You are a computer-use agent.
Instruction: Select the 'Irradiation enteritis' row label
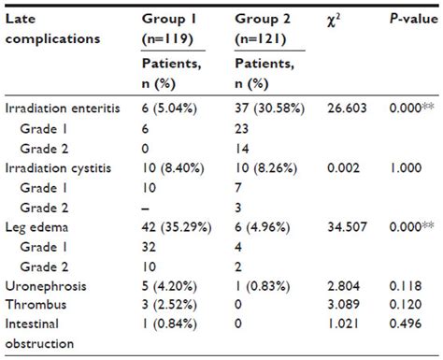(x=63, y=108)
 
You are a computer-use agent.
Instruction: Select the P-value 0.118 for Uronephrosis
(x=403, y=286)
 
